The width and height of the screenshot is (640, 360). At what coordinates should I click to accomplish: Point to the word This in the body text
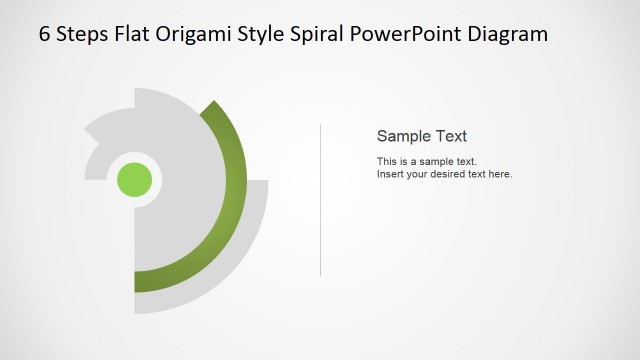tap(387, 161)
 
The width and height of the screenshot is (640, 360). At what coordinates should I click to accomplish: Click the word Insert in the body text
tap(390, 174)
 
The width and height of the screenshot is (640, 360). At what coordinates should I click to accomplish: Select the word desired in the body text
tap(451, 174)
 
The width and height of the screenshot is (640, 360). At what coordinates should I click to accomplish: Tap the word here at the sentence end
tap(499, 174)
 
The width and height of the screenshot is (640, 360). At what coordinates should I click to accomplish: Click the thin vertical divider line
tap(320, 200)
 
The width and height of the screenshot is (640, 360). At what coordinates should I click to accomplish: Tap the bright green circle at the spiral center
tap(135, 180)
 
